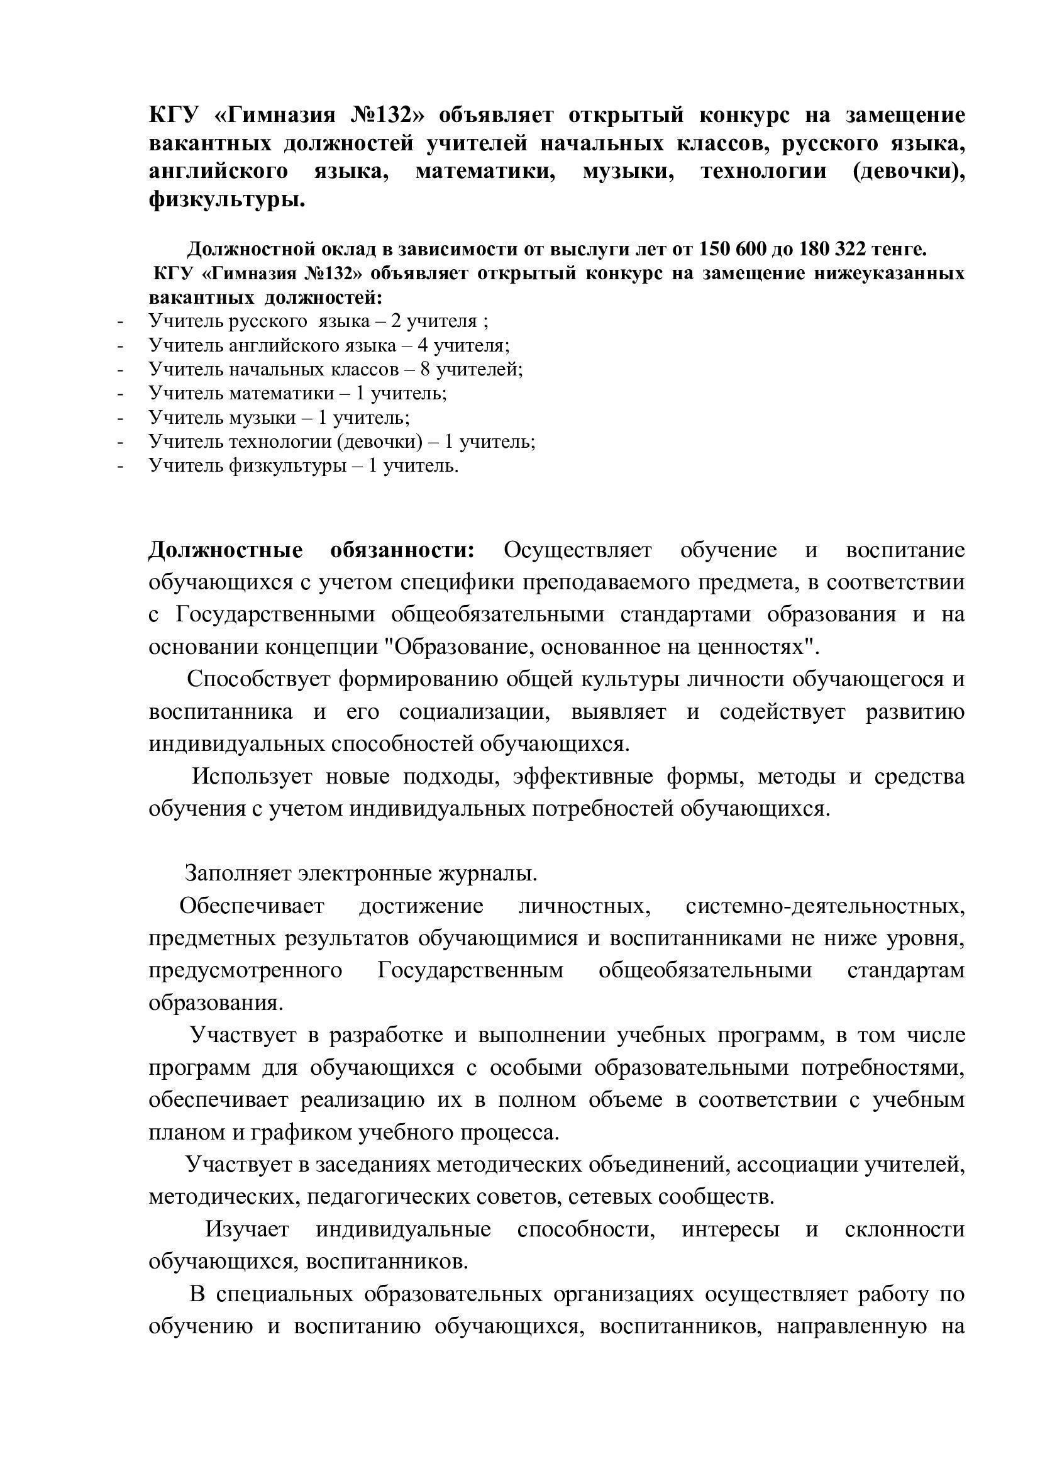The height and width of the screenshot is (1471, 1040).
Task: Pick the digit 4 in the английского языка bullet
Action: tap(423, 345)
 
